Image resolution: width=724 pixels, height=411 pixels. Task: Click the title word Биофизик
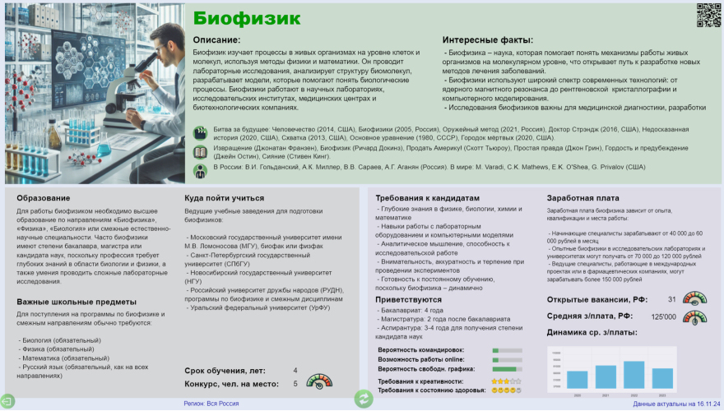click(247, 18)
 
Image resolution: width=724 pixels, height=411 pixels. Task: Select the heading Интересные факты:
click(488, 39)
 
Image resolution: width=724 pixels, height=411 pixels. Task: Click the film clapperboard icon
click(200, 133)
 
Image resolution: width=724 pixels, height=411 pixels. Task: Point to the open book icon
click(200, 152)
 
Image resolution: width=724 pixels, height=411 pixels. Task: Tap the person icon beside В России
click(200, 171)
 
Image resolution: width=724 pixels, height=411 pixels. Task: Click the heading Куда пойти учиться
click(225, 198)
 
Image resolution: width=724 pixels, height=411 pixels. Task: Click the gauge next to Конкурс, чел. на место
click(320, 381)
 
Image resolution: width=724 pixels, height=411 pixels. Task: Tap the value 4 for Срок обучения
click(295, 371)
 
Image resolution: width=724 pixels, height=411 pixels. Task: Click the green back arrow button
click(7, 401)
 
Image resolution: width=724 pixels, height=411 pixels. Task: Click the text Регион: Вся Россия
click(211, 404)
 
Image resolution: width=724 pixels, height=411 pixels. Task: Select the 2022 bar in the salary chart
click(633, 374)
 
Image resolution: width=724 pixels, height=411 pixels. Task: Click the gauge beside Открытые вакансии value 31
click(695, 298)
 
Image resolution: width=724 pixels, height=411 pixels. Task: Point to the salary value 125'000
click(663, 316)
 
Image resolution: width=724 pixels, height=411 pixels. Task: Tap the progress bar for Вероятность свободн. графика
click(507, 369)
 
